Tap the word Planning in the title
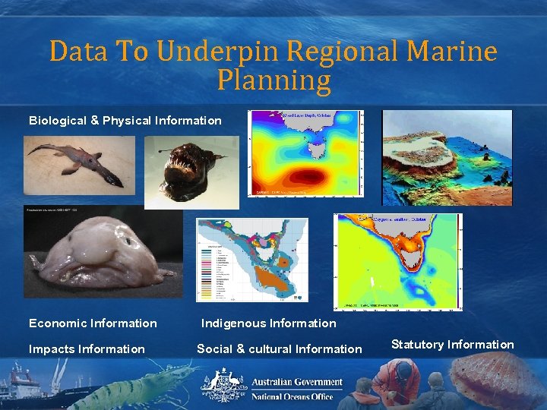coord(273,80)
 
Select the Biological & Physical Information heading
coord(125,121)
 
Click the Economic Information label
coord(93,323)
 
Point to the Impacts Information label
coord(87,349)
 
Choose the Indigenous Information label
coord(268,323)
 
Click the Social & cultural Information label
coord(280,349)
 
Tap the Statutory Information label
coord(452,345)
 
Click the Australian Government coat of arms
coord(220,383)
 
